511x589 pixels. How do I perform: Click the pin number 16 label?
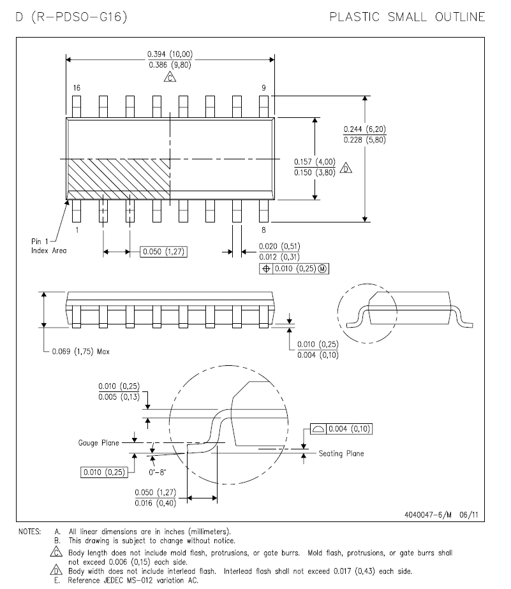(x=77, y=88)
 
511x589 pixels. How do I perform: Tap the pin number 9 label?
(x=263, y=88)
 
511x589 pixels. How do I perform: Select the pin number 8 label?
(x=263, y=230)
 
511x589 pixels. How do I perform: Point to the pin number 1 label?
(x=77, y=230)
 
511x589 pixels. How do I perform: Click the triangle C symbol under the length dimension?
(x=170, y=77)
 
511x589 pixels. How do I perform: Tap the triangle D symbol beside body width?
(x=346, y=168)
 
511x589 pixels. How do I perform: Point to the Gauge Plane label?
(x=98, y=443)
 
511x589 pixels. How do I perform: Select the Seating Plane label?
(x=341, y=453)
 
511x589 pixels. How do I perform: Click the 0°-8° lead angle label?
(x=157, y=472)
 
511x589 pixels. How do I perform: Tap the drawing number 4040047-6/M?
(x=428, y=514)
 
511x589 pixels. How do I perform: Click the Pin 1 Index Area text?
(x=48, y=246)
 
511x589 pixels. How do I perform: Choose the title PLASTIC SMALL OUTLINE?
(x=407, y=17)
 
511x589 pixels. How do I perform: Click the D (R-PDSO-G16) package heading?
(x=71, y=17)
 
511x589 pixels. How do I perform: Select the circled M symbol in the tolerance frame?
(x=322, y=269)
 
